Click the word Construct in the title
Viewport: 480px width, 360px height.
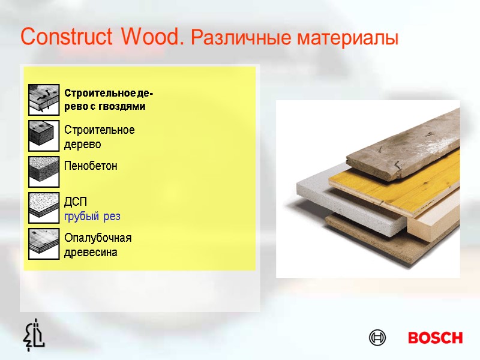click(67, 37)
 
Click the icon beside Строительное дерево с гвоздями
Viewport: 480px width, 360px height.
click(44, 100)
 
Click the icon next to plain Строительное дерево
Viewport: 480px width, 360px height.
click(44, 136)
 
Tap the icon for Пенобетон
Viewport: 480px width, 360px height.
click(44, 172)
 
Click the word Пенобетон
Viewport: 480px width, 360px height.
click(91, 166)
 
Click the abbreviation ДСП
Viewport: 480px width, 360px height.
click(76, 201)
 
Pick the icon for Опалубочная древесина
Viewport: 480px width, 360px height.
click(44, 243)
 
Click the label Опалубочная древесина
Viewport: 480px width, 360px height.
click(97, 245)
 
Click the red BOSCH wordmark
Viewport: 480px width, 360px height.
click(435, 338)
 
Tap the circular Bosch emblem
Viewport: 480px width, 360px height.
click(377, 338)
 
